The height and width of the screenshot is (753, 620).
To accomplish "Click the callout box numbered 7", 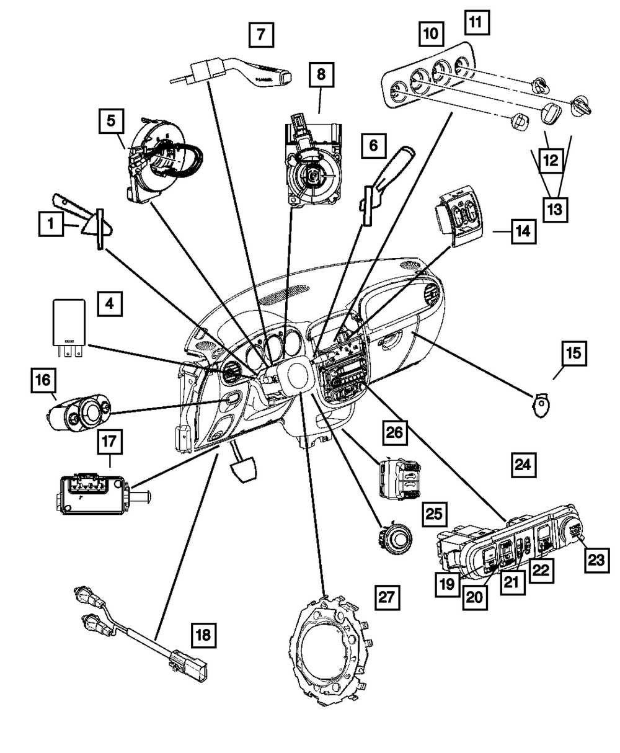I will [262, 34].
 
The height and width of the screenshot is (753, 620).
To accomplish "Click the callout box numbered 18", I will [203, 635].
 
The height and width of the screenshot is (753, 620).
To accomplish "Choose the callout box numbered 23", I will [596, 560].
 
